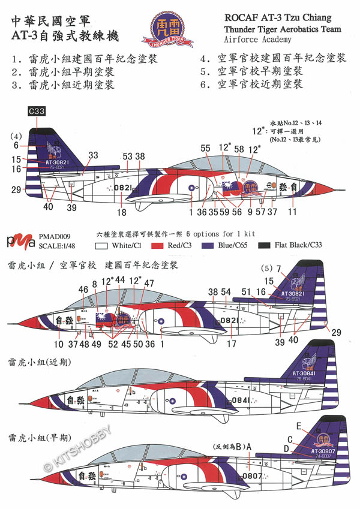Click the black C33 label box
[x=37, y=111]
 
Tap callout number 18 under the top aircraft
[x=122, y=212]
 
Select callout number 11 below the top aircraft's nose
[x=292, y=212]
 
